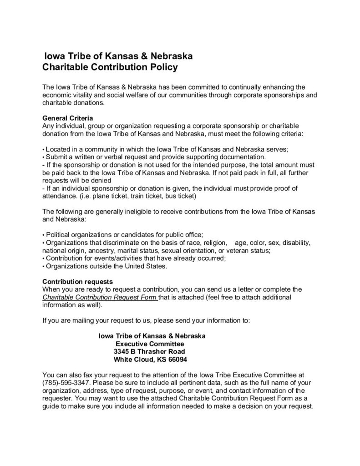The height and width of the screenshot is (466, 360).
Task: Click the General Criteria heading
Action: point(67,118)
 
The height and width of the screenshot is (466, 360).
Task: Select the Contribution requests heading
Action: point(78,281)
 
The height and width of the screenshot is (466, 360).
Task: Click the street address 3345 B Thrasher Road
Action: point(149,351)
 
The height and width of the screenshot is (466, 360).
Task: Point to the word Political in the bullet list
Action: point(59,235)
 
